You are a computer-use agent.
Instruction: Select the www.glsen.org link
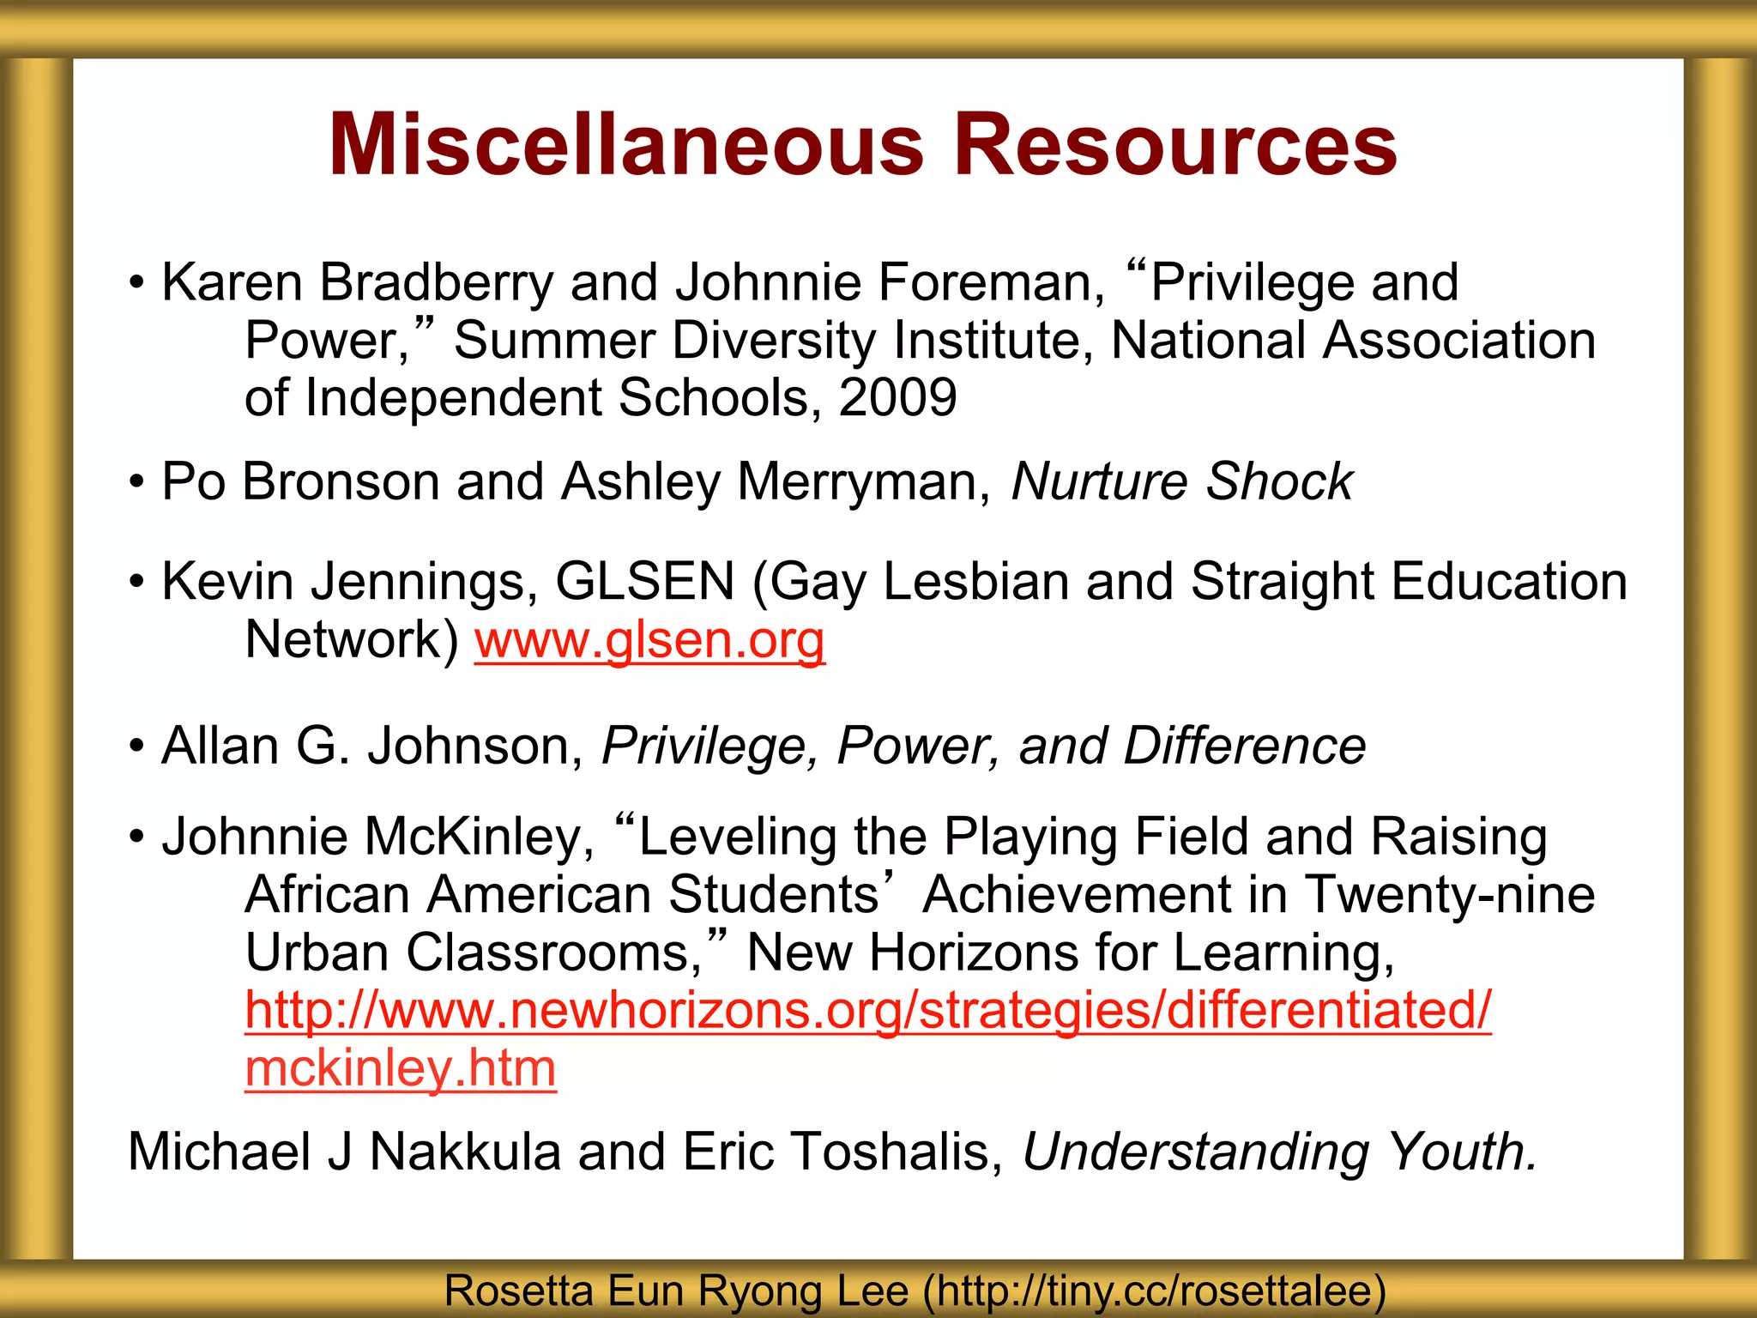[x=649, y=640]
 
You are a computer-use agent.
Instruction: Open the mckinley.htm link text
[x=401, y=1069]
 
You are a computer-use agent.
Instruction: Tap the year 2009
[x=897, y=398]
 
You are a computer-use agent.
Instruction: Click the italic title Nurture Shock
[x=1181, y=481]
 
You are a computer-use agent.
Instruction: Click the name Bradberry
[x=437, y=283]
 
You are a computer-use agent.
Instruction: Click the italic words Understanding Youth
[x=1279, y=1152]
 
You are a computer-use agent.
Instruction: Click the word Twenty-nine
[x=1450, y=895]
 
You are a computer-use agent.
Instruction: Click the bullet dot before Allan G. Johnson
[x=136, y=746]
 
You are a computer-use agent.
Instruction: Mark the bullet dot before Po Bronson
[x=136, y=481]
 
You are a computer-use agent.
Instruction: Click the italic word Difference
[x=1244, y=746]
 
